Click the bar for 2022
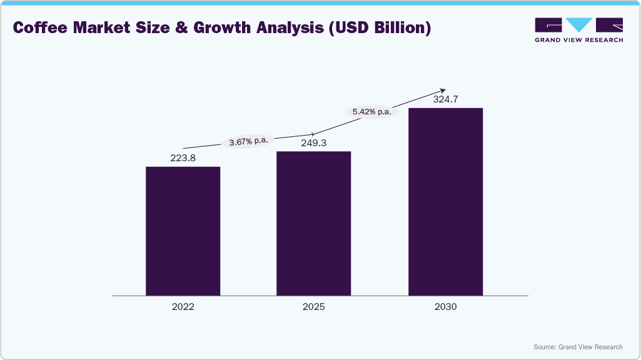(x=183, y=231)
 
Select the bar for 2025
(x=313, y=223)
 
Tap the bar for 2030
(x=445, y=201)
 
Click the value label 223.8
(x=183, y=158)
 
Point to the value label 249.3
(x=313, y=143)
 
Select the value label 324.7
(x=445, y=99)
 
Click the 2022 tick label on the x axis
(x=183, y=307)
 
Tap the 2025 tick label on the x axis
(x=313, y=307)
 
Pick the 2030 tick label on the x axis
(x=445, y=307)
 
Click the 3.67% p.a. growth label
(x=248, y=141)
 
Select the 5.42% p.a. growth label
(x=371, y=112)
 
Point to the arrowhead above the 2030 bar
(x=443, y=90)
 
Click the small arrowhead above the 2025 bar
(x=312, y=134)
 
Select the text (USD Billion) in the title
(x=381, y=28)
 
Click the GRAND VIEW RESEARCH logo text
(x=578, y=40)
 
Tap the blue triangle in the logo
(x=579, y=24)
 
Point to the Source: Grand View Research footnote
(x=578, y=347)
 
